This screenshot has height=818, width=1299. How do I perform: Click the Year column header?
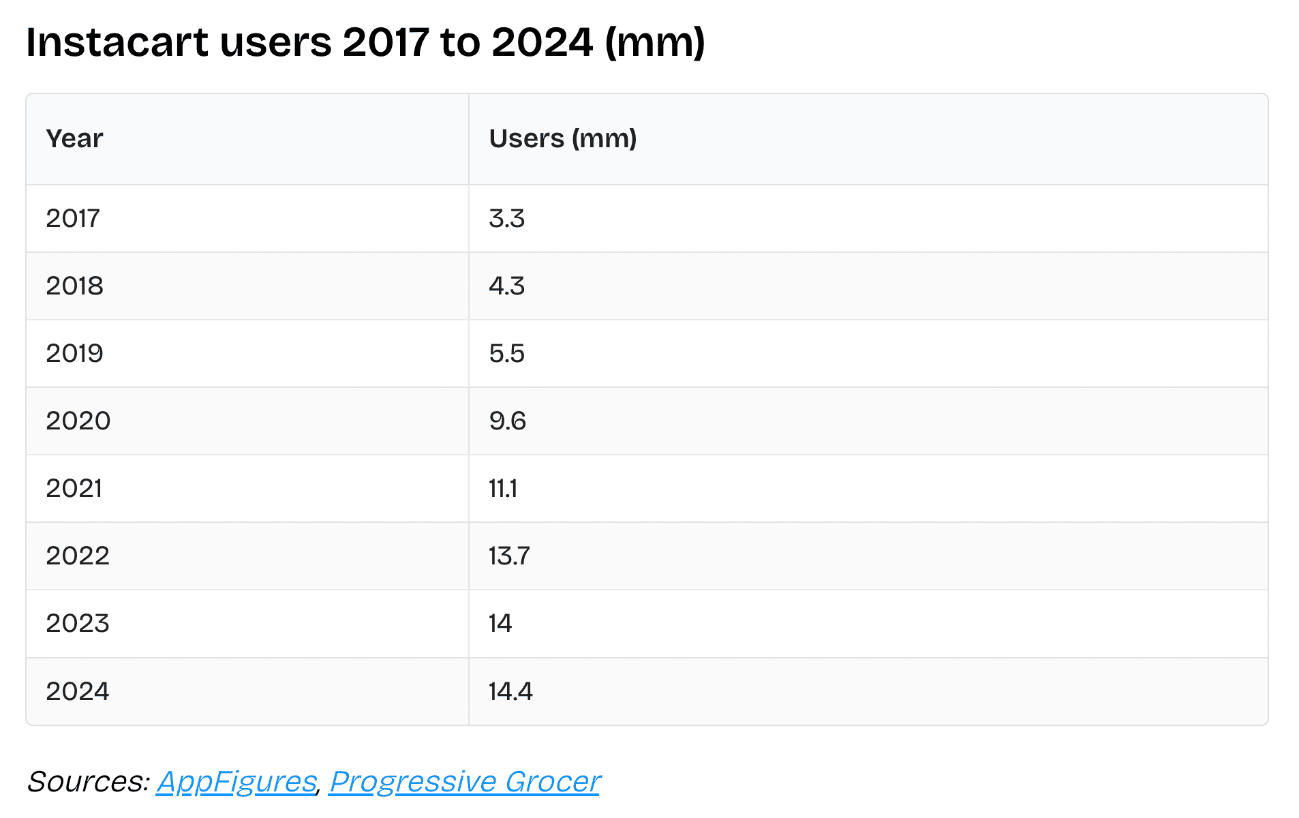click(74, 138)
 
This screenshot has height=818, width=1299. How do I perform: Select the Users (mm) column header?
click(562, 138)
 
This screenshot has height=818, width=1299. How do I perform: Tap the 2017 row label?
click(73, 219)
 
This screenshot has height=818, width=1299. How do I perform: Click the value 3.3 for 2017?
click(506, 219)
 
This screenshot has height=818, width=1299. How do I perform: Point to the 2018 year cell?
click(74, 286)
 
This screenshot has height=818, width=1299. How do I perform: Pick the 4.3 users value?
click(506, 286)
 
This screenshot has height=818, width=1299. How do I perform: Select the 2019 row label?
click(74, 354)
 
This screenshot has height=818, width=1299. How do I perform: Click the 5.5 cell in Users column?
click(506, 354)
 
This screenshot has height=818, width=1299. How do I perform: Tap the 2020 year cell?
click(78, 421)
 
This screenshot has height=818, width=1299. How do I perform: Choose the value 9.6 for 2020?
click(507, 421)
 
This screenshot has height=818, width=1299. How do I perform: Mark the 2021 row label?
click(74, 489)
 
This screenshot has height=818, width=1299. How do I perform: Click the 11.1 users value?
click(503, 489)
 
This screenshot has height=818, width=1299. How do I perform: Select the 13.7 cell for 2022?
click(508, 556)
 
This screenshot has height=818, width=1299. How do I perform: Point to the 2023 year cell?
click(77, 624)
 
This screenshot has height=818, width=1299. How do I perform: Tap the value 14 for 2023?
click(500, 624)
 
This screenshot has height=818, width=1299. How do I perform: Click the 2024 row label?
click(77, 692)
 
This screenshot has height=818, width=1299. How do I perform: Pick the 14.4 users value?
click(510, 692)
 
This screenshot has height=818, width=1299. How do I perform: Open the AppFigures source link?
click(236, 782)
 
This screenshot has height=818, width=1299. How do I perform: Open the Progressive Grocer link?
click(464, 782)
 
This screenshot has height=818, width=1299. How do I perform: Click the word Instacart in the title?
click(117, 42)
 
